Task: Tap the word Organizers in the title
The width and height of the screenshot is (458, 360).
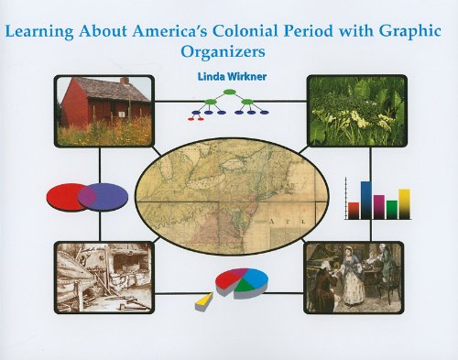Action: (x=223, y=52)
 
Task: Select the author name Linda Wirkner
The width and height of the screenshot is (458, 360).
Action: (x=232, y=77)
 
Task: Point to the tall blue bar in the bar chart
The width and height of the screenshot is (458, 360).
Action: (x=366, y=200)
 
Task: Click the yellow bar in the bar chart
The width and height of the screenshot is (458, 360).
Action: (x=404, y=204)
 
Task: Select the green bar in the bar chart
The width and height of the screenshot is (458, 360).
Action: (x=392, y=210)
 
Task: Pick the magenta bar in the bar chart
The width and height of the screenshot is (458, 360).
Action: (x=379, y=207)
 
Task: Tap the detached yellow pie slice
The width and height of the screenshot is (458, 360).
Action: (x=204, y=301)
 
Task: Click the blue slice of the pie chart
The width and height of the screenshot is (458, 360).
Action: (x=256, y=278)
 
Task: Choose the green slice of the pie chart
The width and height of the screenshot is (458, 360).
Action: (x=245, y=287)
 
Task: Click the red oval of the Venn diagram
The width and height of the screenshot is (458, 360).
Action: (x=62, y=196)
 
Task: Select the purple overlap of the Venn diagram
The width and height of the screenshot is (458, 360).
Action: (x=87, y=196)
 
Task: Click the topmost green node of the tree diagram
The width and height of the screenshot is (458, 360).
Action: (x=229, y=92)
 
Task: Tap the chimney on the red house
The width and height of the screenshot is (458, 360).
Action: (x=125, y=81)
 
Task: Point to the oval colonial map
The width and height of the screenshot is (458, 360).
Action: (x=232, y=196)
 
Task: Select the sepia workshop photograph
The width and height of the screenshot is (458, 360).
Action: (x=104, y=278)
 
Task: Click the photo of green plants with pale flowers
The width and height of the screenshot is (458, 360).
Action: (x=357, y=111)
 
